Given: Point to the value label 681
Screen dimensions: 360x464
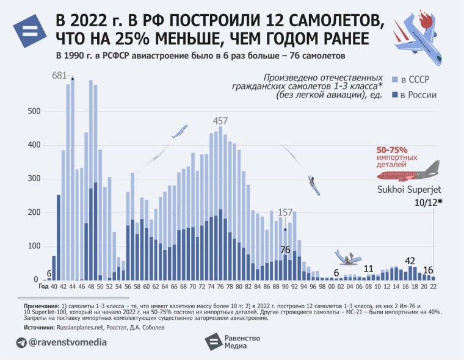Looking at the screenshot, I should tap(59, 76).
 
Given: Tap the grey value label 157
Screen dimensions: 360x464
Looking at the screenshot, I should tap(285, 212).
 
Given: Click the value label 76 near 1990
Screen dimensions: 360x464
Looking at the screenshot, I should tap(285, 250).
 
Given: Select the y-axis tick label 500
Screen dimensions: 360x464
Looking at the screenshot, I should tap(34, 112).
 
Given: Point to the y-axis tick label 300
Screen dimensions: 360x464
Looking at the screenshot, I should tap(34, 179).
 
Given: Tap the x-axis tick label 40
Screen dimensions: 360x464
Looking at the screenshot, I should tap(54, 287).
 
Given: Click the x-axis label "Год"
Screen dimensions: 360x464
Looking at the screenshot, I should tap(43, 287).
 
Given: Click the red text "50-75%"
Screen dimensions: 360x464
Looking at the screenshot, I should tap(392, 149).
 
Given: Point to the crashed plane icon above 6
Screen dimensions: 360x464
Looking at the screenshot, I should tap(347, 257).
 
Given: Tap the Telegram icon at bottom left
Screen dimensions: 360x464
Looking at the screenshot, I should tap(22, 342).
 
